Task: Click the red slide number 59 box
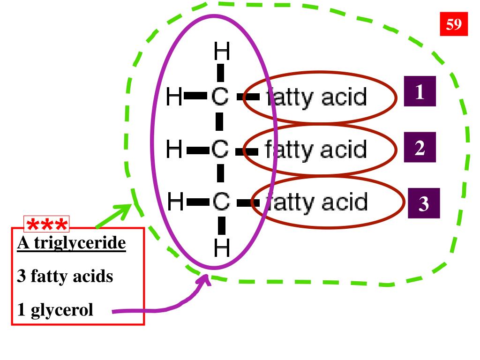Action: (454, 24)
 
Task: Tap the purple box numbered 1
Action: (420, 91)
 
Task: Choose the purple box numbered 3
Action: (424, 203)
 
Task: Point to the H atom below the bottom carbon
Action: (222, 249)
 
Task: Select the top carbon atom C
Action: (219, 97)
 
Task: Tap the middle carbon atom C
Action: (219, 150)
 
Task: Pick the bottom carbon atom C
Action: (220, 202)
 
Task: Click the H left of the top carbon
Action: (174, 97)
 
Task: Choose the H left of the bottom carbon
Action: (176, 202)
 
